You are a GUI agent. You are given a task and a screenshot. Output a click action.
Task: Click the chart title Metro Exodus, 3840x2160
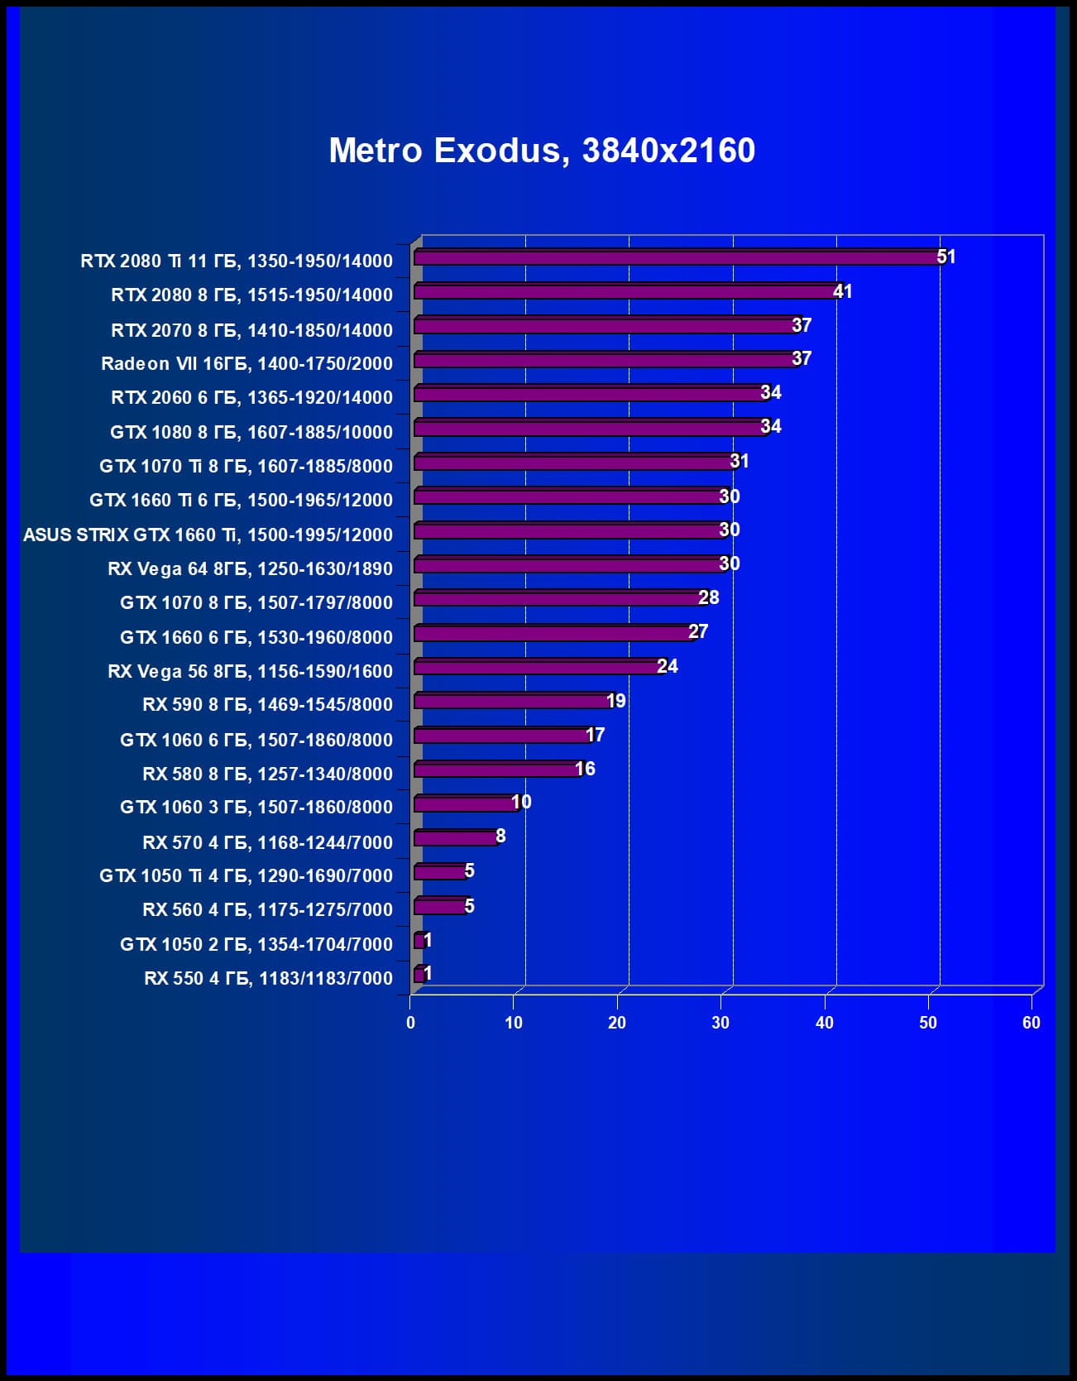point(542,151)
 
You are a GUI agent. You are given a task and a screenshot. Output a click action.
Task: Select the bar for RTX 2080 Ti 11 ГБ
point(677,258)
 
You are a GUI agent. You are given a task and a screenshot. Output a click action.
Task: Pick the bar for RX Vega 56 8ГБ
point(538,667)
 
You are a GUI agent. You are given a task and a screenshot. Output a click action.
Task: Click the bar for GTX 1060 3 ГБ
point(465,803)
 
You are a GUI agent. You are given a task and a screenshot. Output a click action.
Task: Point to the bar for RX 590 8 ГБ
point(512,702)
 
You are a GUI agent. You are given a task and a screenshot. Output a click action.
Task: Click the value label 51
point(946,257)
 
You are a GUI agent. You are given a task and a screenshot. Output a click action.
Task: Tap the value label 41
point(842,291)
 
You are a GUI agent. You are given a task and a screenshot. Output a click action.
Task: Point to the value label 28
point(708,597)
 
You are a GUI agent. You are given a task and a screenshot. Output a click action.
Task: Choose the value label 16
point(585,769)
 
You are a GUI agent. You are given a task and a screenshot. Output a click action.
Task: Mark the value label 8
point(500,837)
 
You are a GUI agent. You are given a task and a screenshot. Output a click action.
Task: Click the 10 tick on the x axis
point(514,1023)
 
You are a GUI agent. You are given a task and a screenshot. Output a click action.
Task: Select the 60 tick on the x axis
point(1031,1023)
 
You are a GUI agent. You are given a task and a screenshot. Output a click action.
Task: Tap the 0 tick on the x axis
point(410,1023)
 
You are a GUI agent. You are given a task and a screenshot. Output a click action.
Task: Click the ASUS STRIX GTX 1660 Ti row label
point(208,535)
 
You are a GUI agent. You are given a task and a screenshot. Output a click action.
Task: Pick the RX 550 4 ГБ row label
point(268,978)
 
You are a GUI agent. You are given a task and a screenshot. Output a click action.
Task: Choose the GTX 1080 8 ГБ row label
point(251,432)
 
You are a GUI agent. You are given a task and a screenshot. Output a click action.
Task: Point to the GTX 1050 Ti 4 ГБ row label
point(246,875)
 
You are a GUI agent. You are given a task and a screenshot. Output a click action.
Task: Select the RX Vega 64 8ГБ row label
point(250,568)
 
